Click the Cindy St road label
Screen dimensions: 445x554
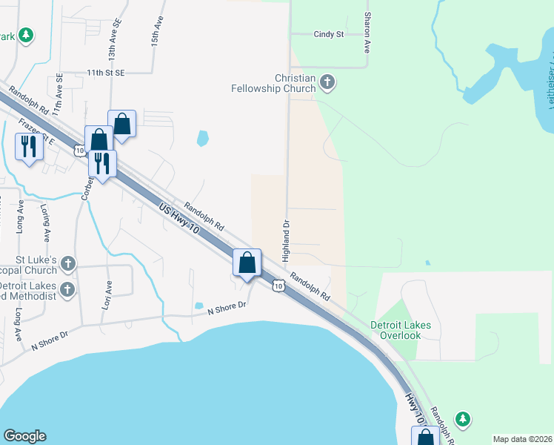coord(329,34)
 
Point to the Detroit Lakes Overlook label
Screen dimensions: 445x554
coord(400,330)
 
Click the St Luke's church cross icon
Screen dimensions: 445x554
coord(68,263)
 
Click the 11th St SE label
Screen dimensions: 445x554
coord(106,73)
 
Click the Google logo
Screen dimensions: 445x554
coord(24,436)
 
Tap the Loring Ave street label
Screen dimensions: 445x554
coord(45,223)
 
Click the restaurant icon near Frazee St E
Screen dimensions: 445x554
coord(29,146)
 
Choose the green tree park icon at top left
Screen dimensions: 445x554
coord(26,35)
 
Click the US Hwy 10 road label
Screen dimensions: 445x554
coord(178,220)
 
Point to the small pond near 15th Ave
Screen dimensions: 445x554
coord(202,138)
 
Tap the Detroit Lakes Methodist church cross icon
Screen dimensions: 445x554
coord(67,289)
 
